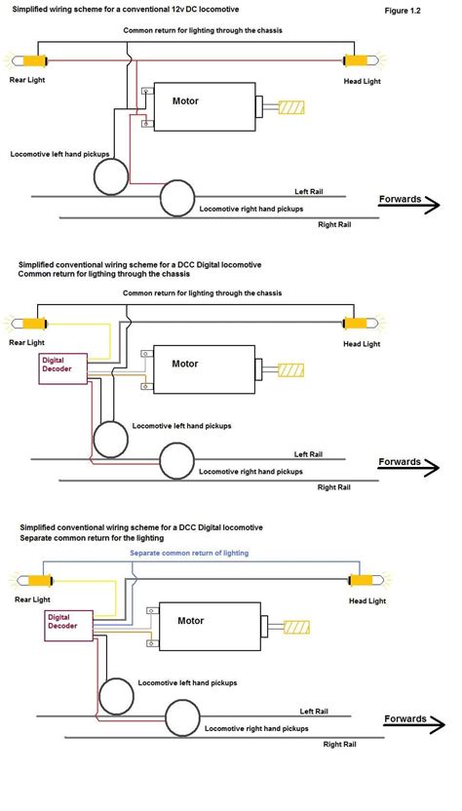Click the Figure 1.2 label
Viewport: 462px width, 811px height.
coord(404,9)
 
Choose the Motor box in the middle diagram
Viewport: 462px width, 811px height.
coord(204,368)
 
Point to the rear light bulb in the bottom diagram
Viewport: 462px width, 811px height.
coord(33,581)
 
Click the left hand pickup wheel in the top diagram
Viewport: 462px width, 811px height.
coord(112,175)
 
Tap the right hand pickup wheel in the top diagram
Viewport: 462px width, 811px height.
coord(178,200)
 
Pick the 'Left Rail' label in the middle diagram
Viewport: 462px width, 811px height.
coord(309,454)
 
